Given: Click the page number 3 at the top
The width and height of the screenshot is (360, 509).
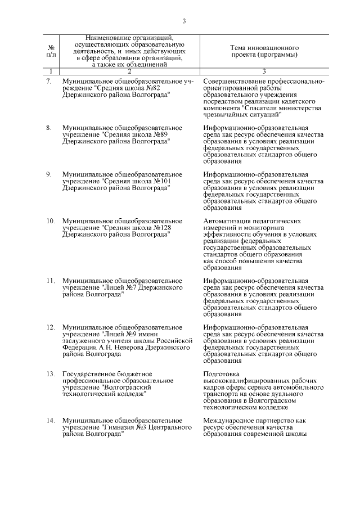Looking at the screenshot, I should pyautogui.click(x=184, y=22).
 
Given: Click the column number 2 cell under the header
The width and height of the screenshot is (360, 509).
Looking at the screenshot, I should pyautogui.click(x=129, y=71).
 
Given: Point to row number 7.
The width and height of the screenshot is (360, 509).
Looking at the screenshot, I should pyautogui.click(x=49, y=82).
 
